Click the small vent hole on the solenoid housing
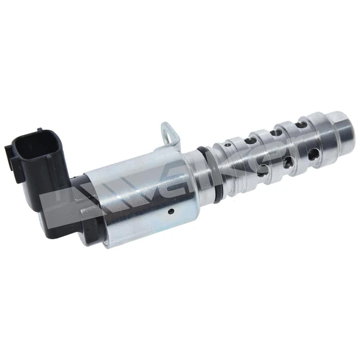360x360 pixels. [170, 211]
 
